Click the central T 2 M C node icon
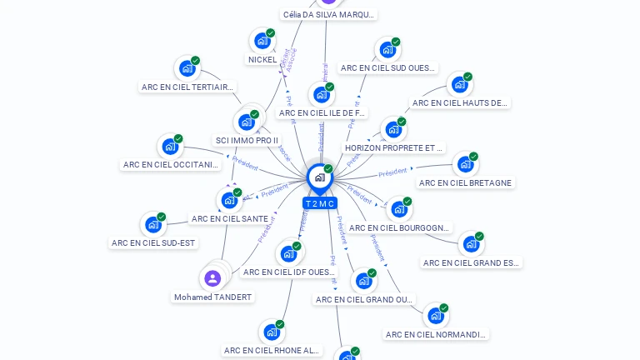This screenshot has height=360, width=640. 319,177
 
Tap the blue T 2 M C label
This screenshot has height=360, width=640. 319,203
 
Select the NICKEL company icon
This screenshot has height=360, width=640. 262,41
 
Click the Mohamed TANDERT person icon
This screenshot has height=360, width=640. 212,278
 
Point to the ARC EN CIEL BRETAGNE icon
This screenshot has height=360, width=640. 465,164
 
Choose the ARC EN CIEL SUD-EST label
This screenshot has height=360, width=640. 153,243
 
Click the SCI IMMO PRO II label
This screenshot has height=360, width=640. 247,140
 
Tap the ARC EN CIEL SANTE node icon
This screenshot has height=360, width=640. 228,200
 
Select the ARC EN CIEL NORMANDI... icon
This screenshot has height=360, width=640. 435,316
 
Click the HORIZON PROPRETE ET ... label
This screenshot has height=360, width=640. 393,147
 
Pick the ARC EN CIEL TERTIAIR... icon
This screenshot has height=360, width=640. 187,68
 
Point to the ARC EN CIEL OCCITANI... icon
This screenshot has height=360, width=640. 170,147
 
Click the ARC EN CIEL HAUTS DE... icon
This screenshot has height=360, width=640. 459,84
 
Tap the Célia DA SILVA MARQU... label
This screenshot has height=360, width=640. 328,14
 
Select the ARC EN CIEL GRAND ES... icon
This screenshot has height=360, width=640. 471,244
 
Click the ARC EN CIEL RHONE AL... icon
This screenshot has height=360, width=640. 271,332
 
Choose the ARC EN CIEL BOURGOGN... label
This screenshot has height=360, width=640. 399,227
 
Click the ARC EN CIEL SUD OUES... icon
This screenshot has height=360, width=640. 387,50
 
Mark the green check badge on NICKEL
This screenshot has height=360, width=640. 271,33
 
